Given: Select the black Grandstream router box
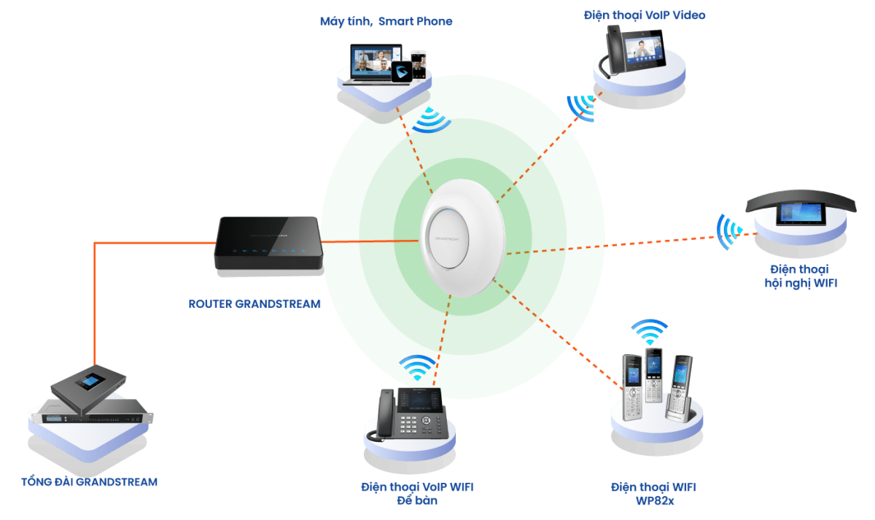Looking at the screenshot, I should (x=268, y=244).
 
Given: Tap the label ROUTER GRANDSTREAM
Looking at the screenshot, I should (x=254, y=303).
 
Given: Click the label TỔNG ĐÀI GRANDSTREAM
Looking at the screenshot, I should (x=90, y=482).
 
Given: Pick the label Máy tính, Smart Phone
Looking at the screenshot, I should (x=386, y=22).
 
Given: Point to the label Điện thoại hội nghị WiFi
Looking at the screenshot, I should (x=800, y=275).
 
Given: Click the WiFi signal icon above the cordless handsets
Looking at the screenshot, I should (x=649, y=332).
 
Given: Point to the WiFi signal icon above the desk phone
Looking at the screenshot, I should (x=418, y=367).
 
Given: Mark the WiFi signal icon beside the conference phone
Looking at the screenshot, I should (x=728, y=232).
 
